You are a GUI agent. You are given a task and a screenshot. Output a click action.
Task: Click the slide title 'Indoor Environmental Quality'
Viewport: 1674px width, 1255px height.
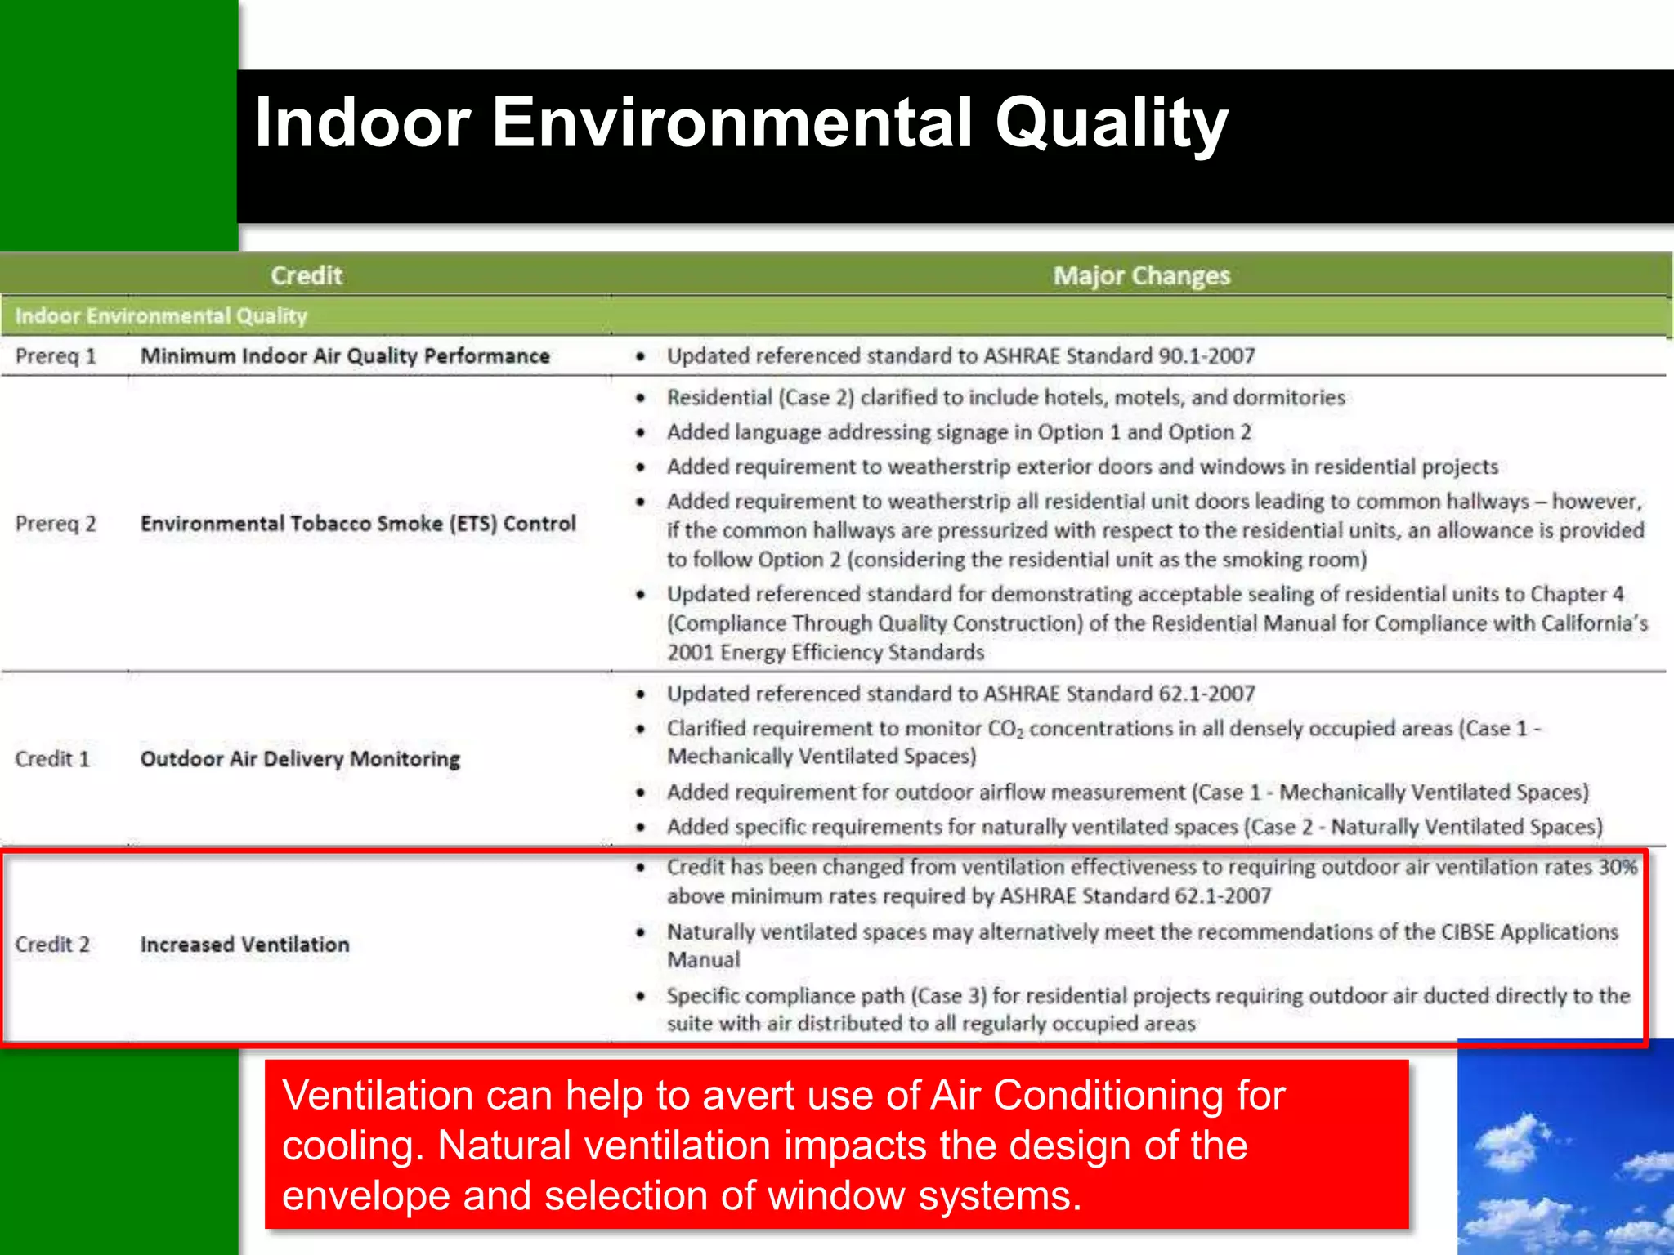click(741, 123)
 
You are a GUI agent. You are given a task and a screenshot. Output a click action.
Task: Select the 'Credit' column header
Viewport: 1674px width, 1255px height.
click(306, 275)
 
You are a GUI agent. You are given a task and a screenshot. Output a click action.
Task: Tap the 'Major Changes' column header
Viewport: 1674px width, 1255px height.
click(1141, 276)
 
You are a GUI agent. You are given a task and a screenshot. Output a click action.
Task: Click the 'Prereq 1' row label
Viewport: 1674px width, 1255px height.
click(56, 356)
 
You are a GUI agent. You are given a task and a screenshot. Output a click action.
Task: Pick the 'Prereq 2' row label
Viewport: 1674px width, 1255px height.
click(56, 524)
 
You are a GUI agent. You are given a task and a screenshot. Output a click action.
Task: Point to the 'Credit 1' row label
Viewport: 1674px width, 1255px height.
click(52, 759)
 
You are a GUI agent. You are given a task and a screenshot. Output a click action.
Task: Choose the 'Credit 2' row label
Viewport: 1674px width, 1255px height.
click(52, 945)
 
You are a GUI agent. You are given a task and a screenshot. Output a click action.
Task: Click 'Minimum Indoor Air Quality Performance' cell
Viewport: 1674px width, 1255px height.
click(345, 356)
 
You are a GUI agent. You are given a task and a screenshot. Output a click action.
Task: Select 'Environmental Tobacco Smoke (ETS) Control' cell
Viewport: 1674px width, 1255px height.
click(358, 524)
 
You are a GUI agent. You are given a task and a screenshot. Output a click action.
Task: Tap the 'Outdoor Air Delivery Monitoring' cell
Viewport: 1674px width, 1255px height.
click(300, 759)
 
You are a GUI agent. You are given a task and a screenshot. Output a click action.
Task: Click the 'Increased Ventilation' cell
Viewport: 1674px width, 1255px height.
click(244, 945)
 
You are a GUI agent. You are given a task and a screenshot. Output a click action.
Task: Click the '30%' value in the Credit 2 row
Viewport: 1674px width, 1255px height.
click(1618, 867)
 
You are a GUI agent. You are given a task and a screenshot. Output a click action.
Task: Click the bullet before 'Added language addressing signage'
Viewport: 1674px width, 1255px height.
click(641, 432)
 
